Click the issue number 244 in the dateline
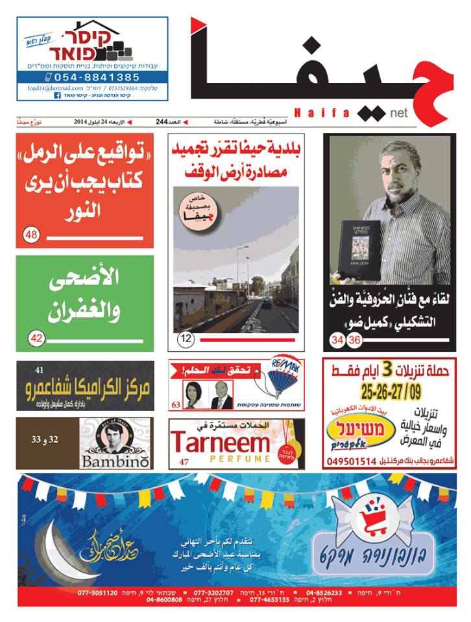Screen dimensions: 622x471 tap(162, 121)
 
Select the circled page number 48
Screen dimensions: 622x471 tap(31, 236)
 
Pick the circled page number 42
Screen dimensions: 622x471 tap(36, 338)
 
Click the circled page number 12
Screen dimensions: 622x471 tap(185, 338)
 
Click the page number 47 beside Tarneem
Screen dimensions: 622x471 tap(184, 461)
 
